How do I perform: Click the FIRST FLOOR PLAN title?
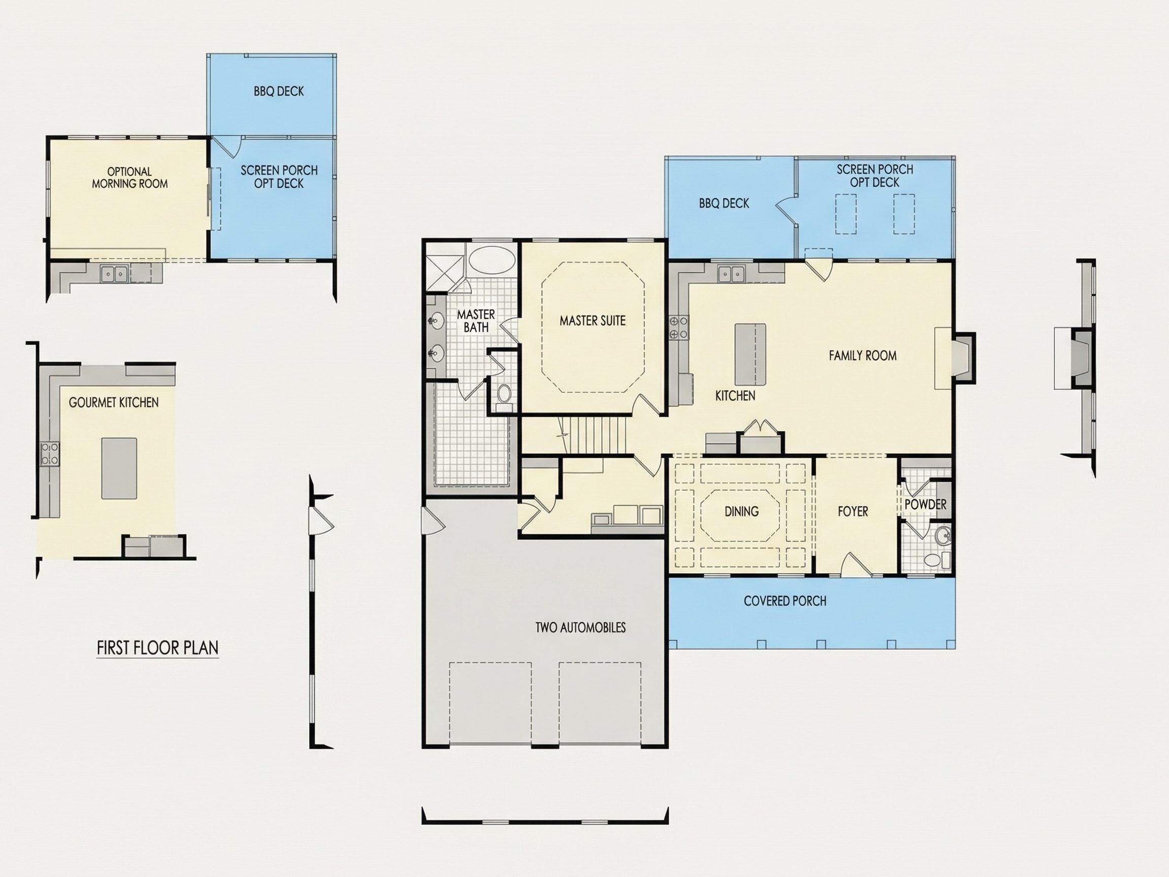(157, 648)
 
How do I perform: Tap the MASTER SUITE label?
(593, 320)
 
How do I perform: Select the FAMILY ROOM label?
(863, 356)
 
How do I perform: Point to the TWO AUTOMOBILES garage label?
(580, 627)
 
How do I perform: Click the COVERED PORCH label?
(785, 601)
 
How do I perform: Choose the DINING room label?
(741, 511)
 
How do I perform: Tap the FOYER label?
(853, 511)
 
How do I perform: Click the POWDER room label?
(925, 504)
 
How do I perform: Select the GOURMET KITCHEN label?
(114, 402)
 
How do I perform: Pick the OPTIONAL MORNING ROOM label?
(129, 178)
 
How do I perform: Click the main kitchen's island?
(750, 354)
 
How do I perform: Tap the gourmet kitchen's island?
(119, 468)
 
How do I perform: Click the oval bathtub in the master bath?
(492, 259)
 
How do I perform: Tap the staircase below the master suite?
(593, 435)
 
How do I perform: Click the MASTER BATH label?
(475, 321)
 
